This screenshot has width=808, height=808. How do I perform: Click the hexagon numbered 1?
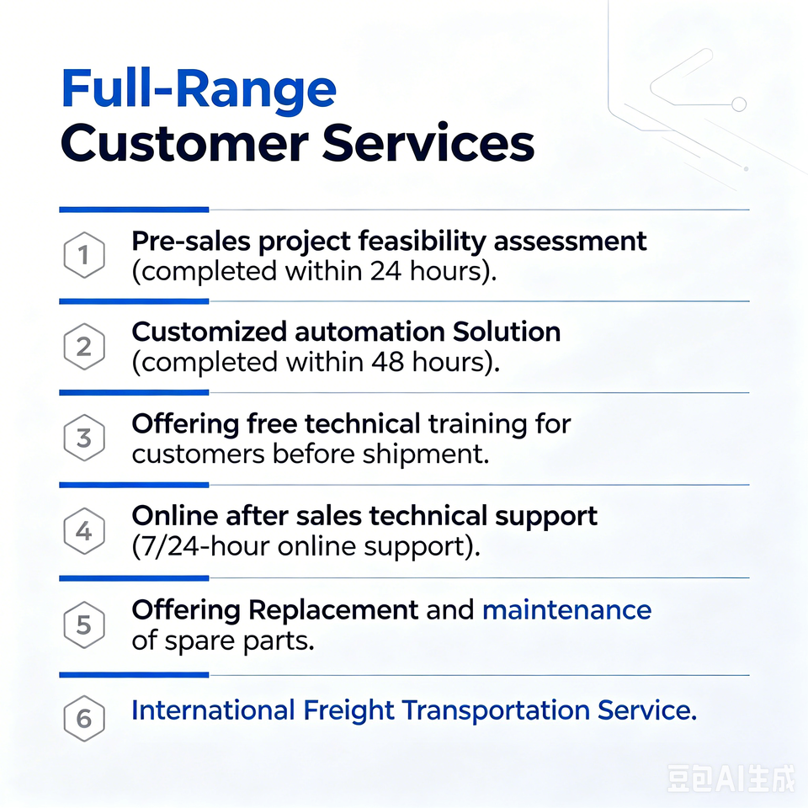point(84,255)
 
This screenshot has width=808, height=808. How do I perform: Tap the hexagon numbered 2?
point(84,346)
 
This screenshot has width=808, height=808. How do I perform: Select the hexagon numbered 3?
point(84,438)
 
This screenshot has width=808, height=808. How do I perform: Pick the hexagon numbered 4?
point(84,531)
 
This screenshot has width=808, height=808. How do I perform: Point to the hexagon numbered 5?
point(84,625)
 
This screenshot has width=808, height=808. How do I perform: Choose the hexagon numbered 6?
point(84,718)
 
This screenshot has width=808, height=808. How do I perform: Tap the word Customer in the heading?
point(184,143)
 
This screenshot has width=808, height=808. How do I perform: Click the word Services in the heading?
point(428,143)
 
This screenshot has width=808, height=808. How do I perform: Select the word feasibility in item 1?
point(422,242)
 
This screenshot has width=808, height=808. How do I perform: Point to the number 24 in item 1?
point(385,271)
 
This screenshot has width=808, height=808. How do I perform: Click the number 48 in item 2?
point(387,362)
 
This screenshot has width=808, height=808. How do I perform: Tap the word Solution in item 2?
point(507,332)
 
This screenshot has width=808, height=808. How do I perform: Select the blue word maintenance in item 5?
point(566,610)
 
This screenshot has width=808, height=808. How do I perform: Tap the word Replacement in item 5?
point(333,611)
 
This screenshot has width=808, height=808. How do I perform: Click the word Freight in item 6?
point(348,710)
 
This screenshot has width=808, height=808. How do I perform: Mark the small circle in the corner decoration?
point(739,104)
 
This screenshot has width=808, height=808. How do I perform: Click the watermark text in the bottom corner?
point(731,778)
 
